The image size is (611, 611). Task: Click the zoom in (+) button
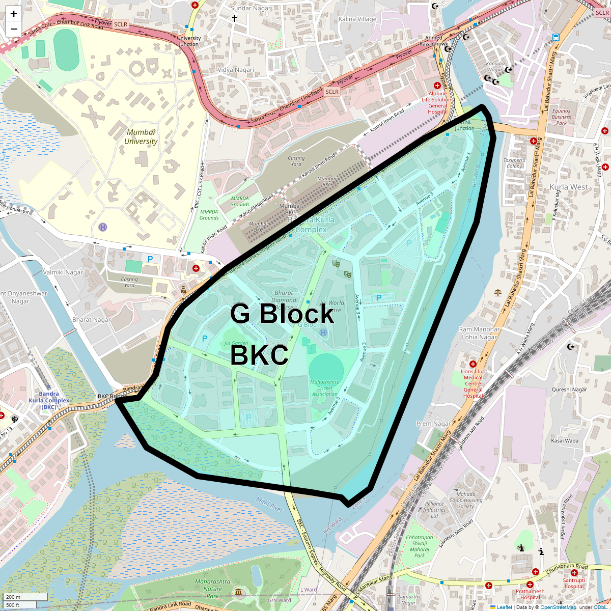click(x=14, y=14)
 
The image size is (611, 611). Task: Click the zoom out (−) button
click(x=14, y=29)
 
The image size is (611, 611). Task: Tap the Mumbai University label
click(x=141, y=137)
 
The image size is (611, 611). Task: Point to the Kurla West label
click(x=569, y=187)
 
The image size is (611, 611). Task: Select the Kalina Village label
click(x=357, y=19)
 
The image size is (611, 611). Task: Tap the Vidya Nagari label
click(x=235, y=70)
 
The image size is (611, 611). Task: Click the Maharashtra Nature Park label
click(x=213, y=589)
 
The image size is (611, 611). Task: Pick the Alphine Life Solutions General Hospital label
click(x=437, y=103)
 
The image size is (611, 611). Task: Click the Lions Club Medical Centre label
click(x=473, y=383)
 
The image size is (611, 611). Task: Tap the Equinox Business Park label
click(x=562, y=117)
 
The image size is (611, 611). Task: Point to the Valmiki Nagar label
click(x=63, y=272)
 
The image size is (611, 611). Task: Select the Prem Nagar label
click(x=433, y=424)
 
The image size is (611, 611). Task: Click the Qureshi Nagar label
click(x=569, y=390)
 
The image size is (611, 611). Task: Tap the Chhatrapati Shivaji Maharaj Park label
click(x=420, y=546)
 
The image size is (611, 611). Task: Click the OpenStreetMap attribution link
click(x=558, y=607)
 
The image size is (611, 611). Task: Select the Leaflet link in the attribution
click(x=504, y=607)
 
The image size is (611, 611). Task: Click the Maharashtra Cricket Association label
click(x=325, y=388)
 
